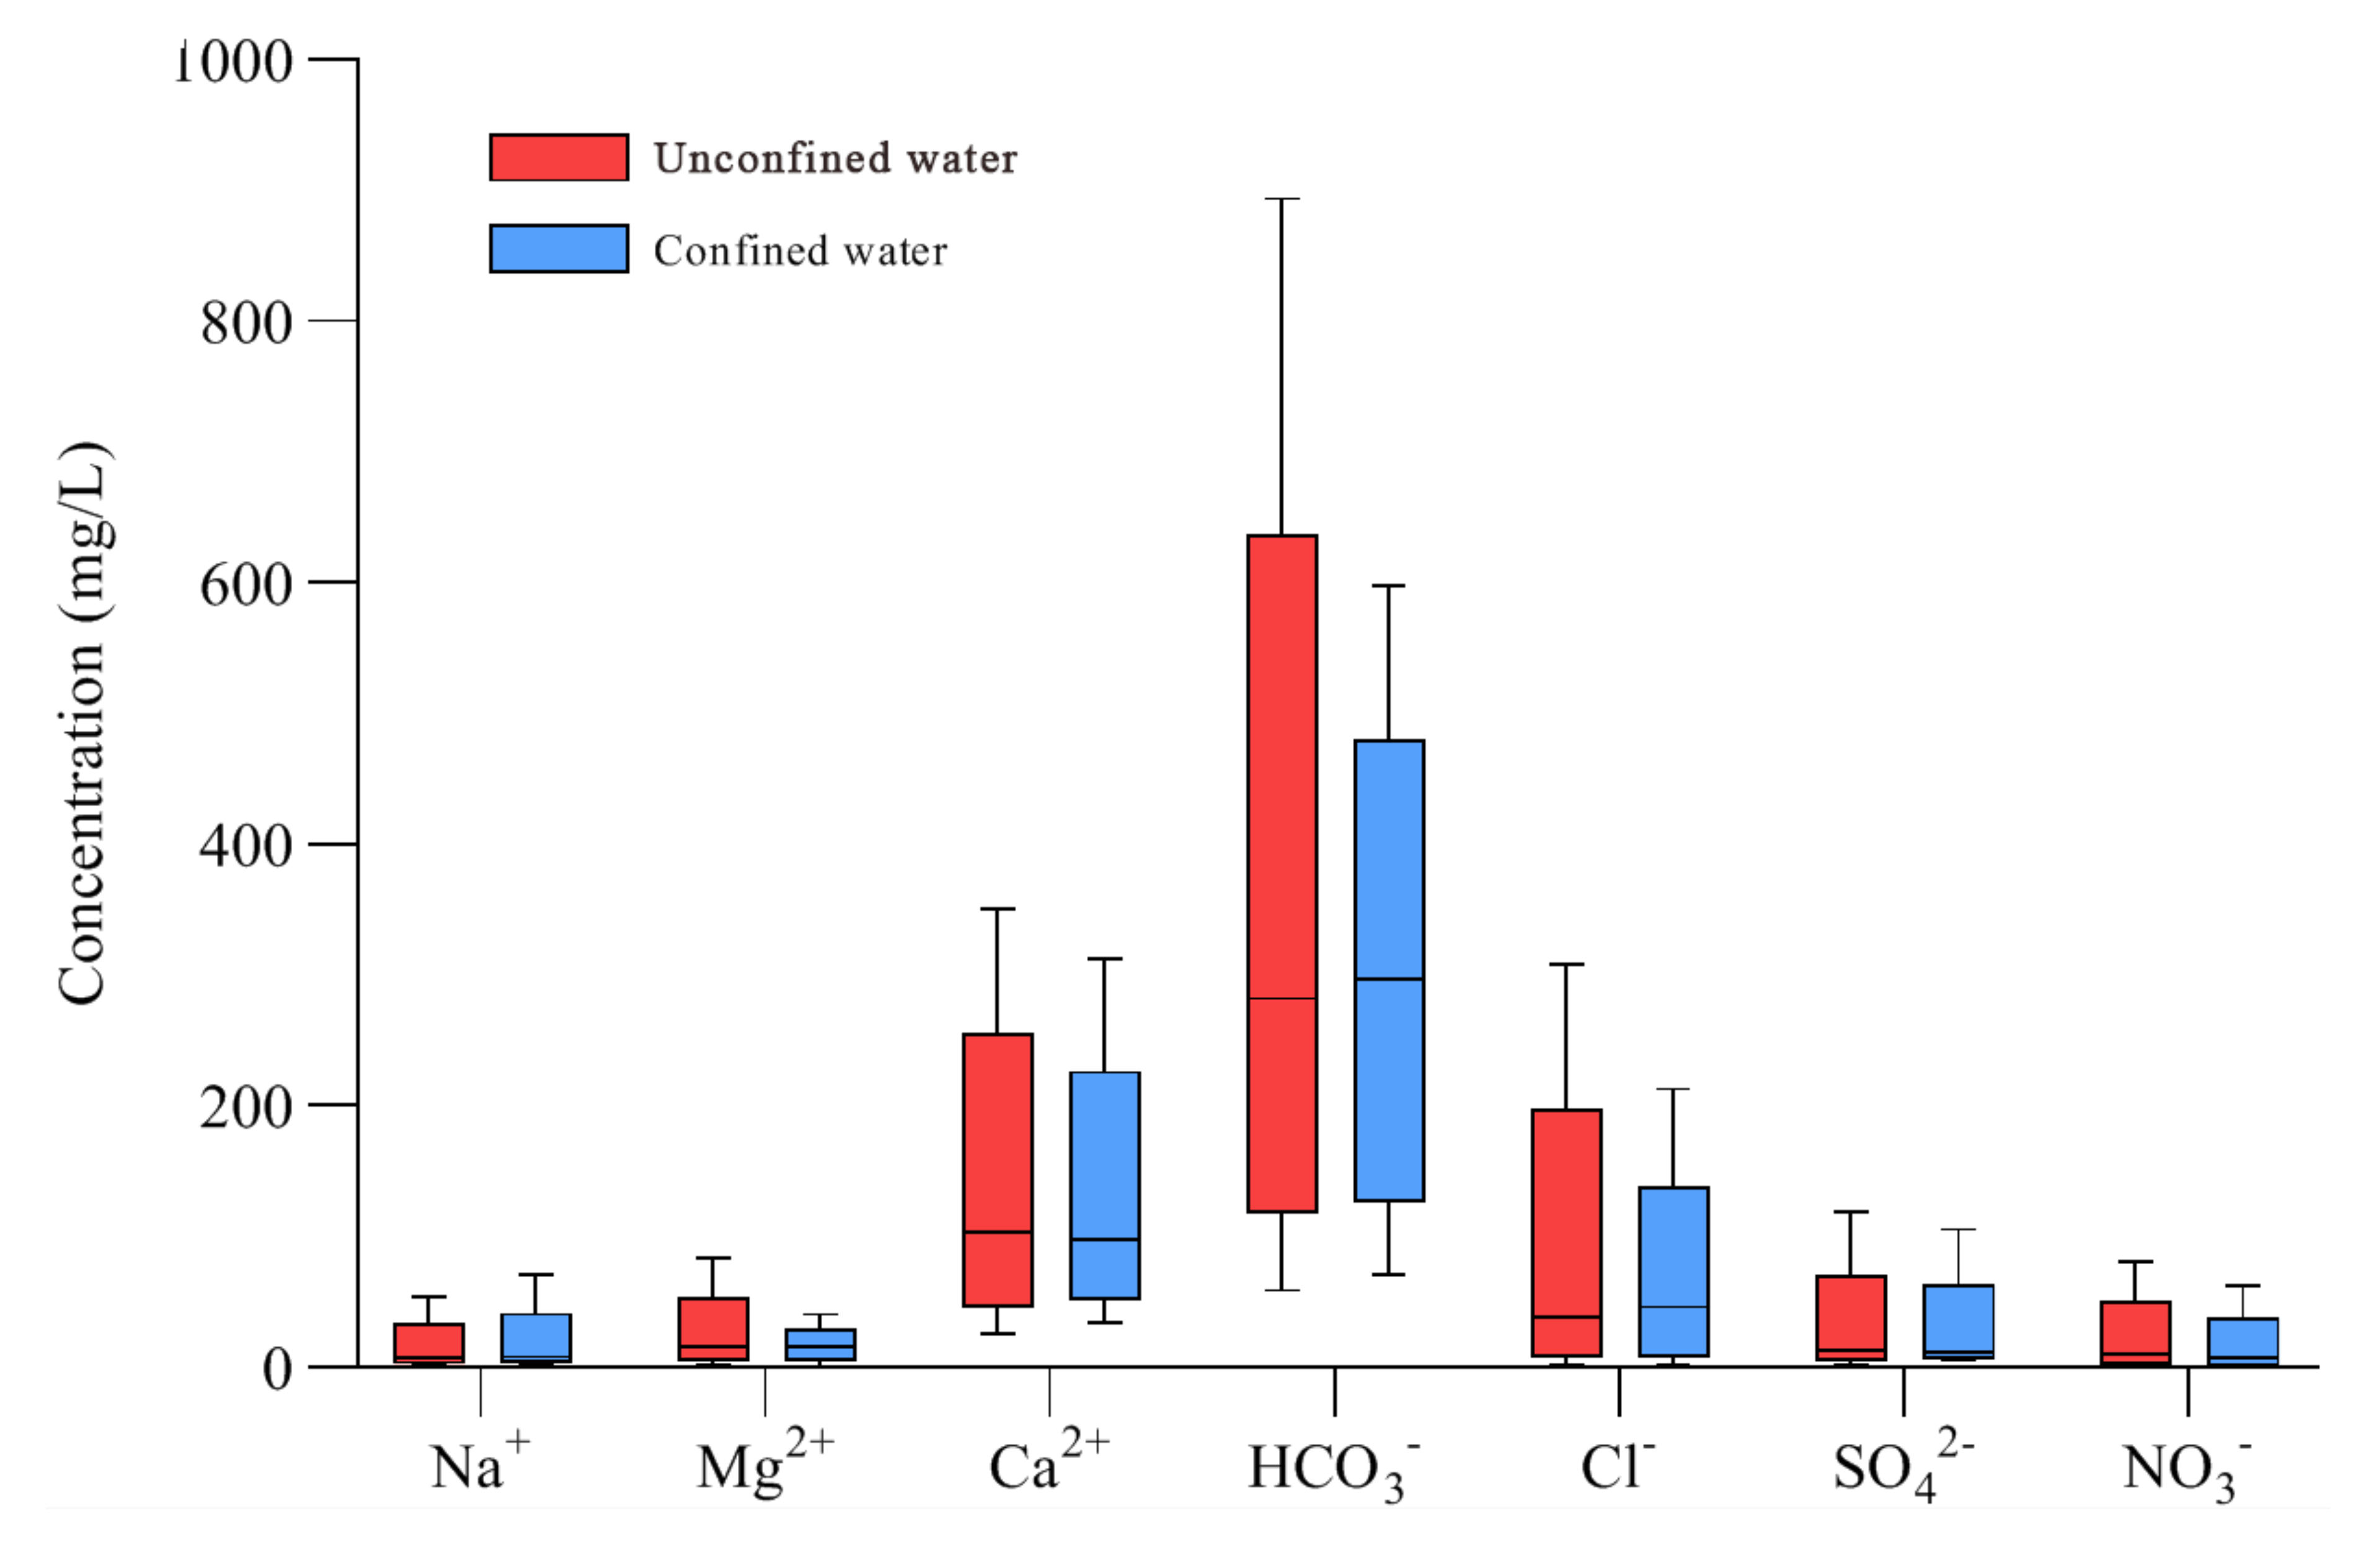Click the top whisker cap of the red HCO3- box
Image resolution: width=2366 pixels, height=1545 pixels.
click(1282, 199)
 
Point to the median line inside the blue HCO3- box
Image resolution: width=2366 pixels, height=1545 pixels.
click(1389, 980)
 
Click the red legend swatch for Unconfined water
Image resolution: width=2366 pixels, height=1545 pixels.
click(559, 157)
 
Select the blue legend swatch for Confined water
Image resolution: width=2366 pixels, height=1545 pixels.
click(559, 249)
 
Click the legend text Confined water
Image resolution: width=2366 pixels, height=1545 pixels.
click(800, 250)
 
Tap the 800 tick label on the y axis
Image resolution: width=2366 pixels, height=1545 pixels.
click(247, 323)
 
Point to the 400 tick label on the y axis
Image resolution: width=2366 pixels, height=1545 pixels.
click(247, 846)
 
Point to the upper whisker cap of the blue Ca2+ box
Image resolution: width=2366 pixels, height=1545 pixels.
click(1104, 958)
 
